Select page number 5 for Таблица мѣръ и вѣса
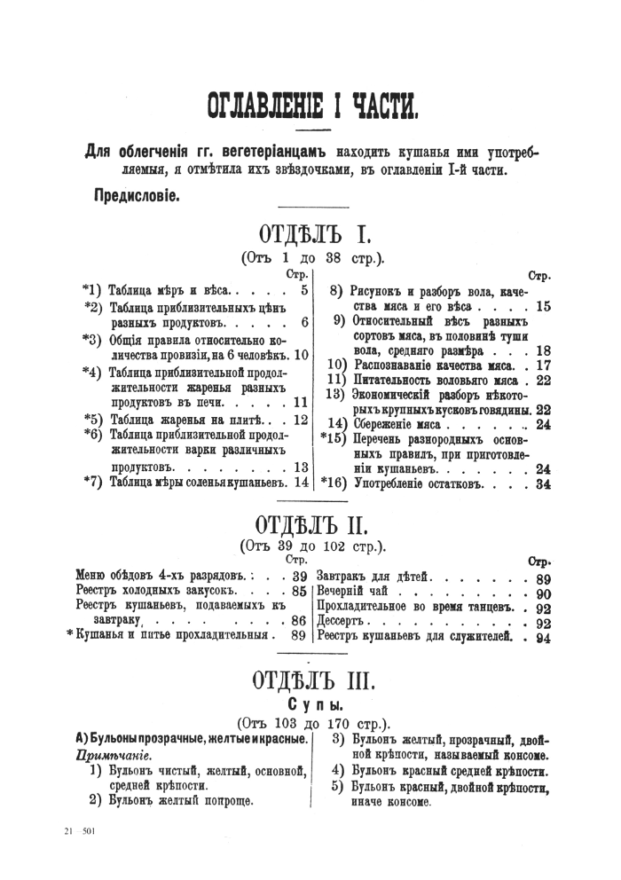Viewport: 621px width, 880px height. tap(304, 289)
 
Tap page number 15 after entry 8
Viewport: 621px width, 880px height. tap(544, 306)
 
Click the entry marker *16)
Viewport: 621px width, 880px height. tap(334, 483)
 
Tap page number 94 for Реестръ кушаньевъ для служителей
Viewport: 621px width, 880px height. tap(544, 639)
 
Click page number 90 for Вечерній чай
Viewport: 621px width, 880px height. tap(544, 593)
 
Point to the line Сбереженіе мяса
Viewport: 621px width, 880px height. tap(397, 423)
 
